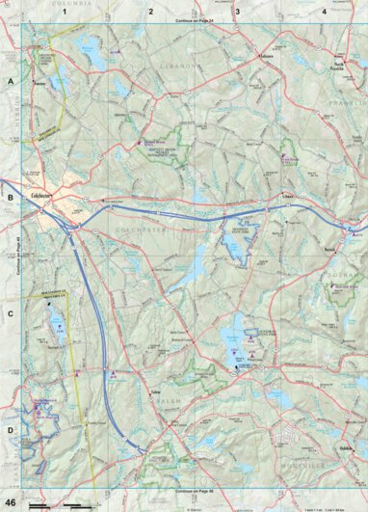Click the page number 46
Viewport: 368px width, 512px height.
pos(9,502)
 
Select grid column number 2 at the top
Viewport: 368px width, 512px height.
pos(150,12)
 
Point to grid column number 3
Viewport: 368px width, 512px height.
pos(237,12)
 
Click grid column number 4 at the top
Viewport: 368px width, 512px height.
pos(324,12)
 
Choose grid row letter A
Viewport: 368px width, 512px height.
pos(11,83)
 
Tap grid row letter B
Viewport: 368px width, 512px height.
pos(11,198)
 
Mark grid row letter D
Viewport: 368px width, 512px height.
pos(11,429)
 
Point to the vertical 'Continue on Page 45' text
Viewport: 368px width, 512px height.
pos(18,256)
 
